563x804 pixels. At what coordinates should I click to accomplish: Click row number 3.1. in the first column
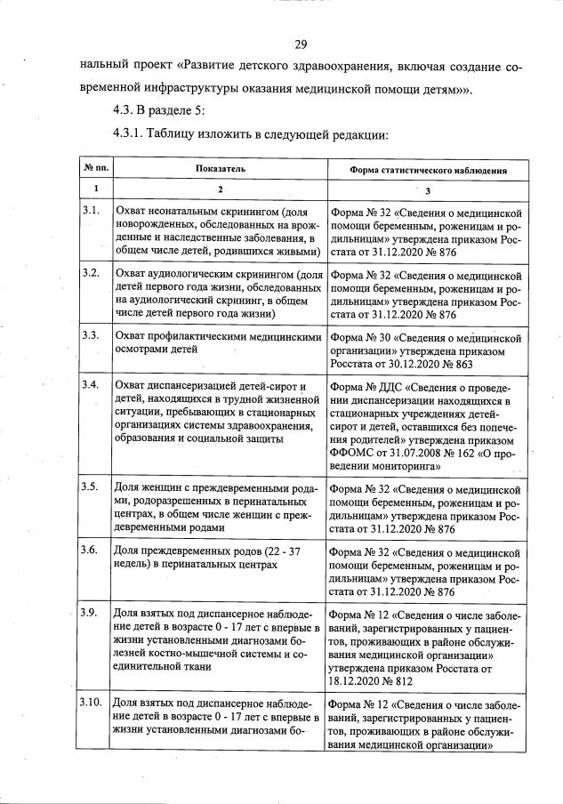(90, 211)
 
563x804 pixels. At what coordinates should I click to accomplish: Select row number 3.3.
(90, 336)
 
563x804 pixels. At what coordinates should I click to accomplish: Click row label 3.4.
(90, 385)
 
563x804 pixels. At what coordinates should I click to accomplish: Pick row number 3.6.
(90, 550)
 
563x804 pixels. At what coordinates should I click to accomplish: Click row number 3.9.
(90, 614)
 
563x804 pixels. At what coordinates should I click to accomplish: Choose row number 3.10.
(92, 703)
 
